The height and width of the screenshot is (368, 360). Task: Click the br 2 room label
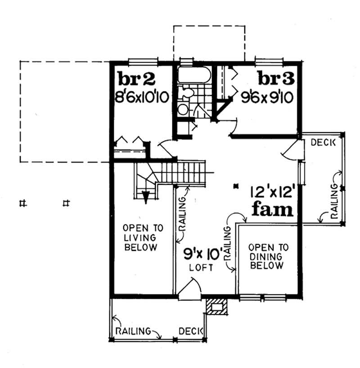click(137, 79)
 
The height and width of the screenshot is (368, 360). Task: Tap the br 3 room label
click(276, 79)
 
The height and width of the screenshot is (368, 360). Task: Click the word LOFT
click(201, 267)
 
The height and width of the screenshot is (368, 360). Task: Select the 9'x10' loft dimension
click(202, 254)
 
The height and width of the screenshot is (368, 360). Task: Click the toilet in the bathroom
click(186, 93)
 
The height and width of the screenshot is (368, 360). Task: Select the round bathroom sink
click(183, 109)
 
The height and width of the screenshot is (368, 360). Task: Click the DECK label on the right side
click(324, 143)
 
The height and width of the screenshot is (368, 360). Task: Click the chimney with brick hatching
click(216, 306)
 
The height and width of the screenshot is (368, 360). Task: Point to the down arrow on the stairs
click(146, 196)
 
